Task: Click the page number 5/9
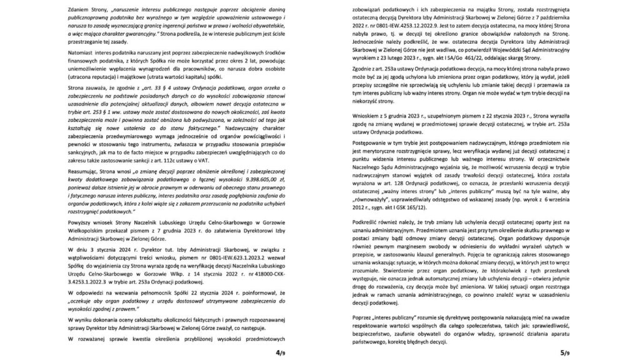(564, 352)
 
